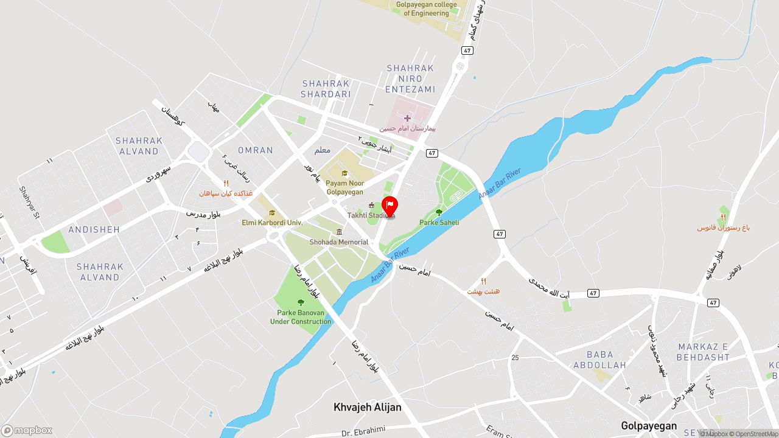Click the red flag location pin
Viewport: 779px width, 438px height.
click(389, 206)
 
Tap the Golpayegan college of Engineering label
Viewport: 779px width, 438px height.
click(426, 9)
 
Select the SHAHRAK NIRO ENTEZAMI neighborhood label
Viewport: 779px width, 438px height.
click(410, 78)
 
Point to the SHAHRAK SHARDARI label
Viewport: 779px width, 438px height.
click(326, 89)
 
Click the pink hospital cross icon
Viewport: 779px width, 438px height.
click(407, 117)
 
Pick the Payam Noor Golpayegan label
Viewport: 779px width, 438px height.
click(344, 187)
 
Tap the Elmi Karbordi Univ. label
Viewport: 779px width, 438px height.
click(272, 223)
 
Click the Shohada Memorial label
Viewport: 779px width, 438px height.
click(339, 242)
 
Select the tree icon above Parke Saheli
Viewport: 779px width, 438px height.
click(439, 212)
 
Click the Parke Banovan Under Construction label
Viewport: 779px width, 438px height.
click(301, 317)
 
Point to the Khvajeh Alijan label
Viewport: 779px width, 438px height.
click(368, 408)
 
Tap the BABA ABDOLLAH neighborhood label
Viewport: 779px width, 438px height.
click(599, 360)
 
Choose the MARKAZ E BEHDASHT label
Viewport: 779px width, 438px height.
click(703, 352)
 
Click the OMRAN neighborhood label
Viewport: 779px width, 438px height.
click(256, 150)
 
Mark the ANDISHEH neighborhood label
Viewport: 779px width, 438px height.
click(94, 229)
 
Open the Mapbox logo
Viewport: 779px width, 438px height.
click(27, 430)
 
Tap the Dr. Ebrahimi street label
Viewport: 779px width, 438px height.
click(363, 431)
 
